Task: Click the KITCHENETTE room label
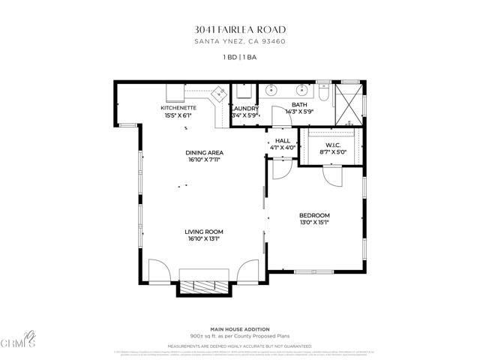(178, 108)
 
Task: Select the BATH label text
(299, 105)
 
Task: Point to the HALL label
(283, 140)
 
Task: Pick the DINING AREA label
(205, 153)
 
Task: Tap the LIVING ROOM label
(205, 232)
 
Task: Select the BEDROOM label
(315, 215)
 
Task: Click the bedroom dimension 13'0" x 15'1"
(315, 223)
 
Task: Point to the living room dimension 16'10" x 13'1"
(205, 239)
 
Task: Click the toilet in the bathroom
(322, 94)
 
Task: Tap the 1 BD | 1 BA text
(240, 57)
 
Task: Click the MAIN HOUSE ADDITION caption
(240, 329)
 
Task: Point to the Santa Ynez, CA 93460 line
(240, 41)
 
